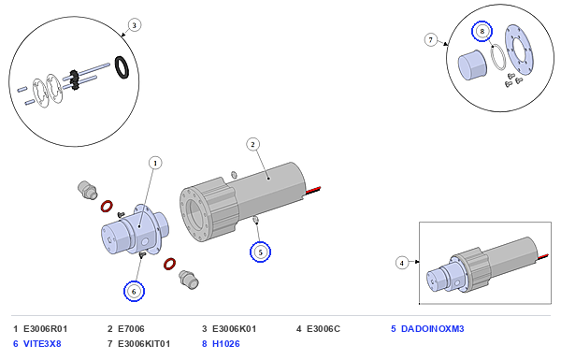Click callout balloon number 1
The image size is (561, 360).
point(155,164)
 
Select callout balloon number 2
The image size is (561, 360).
point(253,145)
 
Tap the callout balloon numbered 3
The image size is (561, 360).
point(134,25)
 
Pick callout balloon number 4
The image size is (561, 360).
point(402,263)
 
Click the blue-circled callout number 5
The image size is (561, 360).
point(260,252)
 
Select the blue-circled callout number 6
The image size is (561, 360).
point(134,292)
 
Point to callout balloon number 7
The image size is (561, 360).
point(431,39)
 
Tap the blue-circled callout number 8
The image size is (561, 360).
point(482,31)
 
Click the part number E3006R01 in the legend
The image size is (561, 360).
point(46,329)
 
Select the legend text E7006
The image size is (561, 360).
point(131,329)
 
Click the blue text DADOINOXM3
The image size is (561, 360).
point(433,329)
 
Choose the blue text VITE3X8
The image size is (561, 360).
point(42,344)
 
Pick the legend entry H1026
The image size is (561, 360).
point(226,344)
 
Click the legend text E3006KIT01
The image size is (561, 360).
point(144,344)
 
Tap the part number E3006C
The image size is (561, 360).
point(324,329)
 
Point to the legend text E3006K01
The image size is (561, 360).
point(235,329)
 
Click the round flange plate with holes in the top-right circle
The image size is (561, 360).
point(518,50)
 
